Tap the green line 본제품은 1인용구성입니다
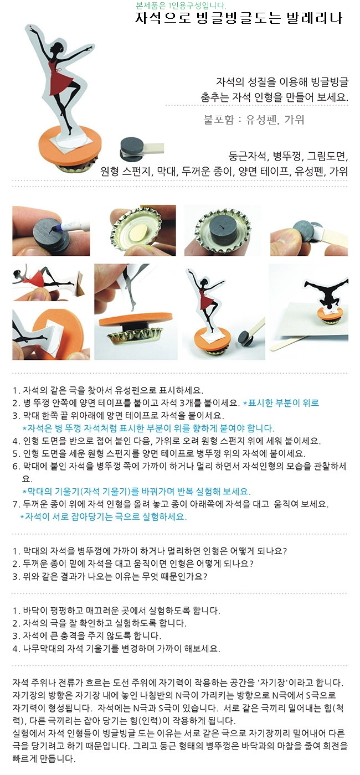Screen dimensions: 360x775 (x=182, y=5)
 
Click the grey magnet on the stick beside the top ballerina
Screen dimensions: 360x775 (x=131, y=148)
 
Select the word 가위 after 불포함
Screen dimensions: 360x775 (x=294, y=120)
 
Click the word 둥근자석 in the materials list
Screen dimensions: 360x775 (x=248, y=156)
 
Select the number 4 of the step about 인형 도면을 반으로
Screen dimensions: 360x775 (x=15, y=441)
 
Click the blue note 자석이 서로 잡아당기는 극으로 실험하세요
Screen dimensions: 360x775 (x=104, y=516)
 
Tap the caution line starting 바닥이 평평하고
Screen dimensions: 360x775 (x=116, y=611)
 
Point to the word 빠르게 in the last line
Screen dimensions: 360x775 (x=25, y=759)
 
